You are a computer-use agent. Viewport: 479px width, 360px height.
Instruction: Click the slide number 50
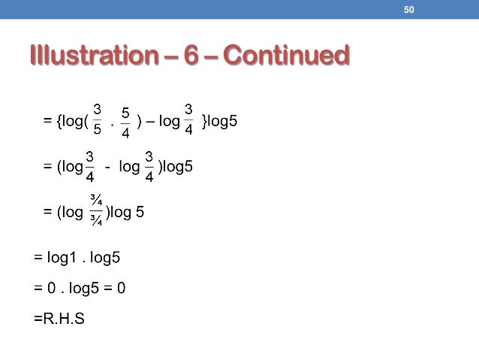click(x=409, y=9)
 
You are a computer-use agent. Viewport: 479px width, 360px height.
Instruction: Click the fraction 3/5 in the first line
click(x=98, y=120)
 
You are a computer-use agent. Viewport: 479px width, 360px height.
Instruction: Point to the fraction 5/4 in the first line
click(x=125, y=121)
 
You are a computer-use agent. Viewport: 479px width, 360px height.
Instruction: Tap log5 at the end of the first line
click(x=222, y=120)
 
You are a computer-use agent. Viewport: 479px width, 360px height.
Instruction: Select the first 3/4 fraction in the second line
click(x=90, y=166)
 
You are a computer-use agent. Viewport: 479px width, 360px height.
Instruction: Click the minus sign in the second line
click(x=109, y=167)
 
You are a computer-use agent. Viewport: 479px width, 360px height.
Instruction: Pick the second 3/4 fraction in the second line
click(x=149, y=166)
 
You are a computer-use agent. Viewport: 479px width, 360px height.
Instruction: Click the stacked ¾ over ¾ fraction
click(x=96, y=212)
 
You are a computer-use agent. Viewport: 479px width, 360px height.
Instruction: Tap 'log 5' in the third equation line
click(x=127, y=212)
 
